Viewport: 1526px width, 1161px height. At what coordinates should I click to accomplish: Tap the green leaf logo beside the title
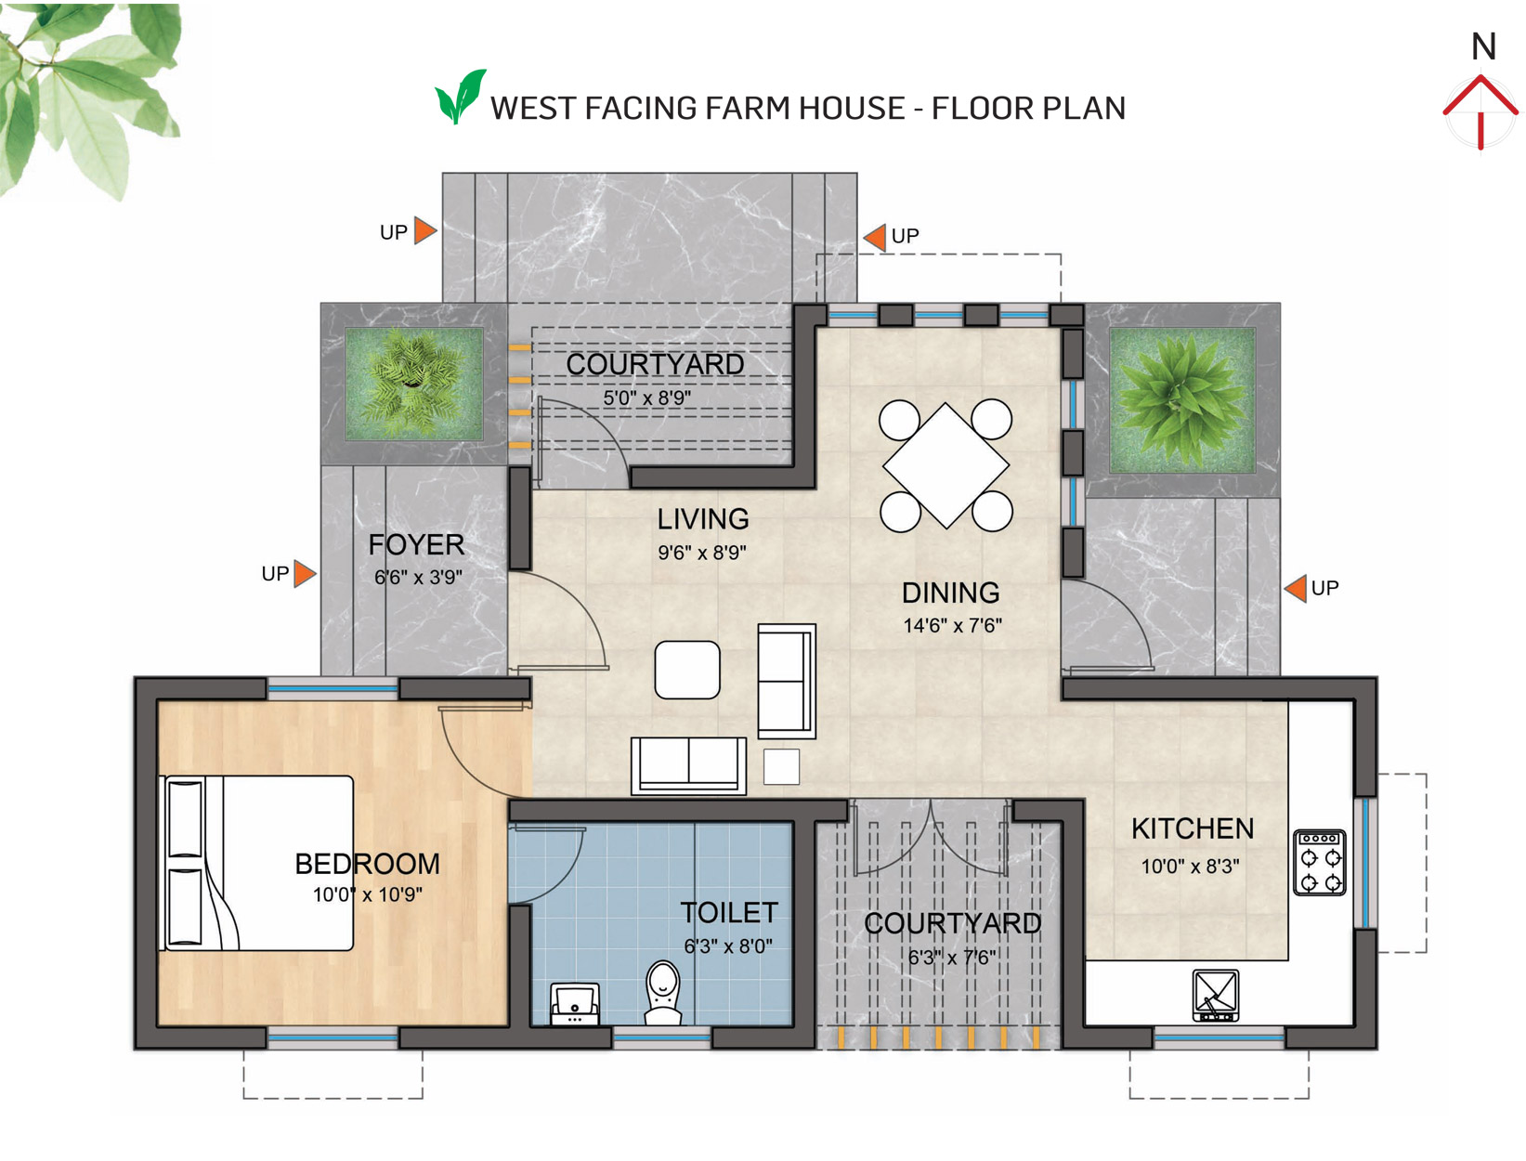(x=460, y=97)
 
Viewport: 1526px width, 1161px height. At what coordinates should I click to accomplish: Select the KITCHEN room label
(x=1192, y=828)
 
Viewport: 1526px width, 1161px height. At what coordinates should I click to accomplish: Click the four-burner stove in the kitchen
(x=1319, y=862)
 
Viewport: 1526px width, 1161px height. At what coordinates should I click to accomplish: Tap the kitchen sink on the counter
(x=1215, y=995)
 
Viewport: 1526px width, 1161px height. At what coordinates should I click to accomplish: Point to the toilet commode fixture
(x=662, y=993)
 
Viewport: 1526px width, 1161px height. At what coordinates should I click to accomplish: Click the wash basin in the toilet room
(x=574, y=1004)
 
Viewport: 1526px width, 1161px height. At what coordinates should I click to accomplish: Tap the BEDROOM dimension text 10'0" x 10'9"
(x=367, y=894)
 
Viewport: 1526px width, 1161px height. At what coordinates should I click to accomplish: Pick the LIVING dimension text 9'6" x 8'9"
(x=701, y=553)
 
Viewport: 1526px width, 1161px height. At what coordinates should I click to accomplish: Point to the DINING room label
(x=950, y=593)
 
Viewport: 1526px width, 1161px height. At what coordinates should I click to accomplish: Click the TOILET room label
(x=728, y=913)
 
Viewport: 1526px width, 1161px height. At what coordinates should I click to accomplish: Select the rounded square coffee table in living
(x=687, y=670)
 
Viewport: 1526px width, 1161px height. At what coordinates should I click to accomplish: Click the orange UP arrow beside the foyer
(x=305, y=574)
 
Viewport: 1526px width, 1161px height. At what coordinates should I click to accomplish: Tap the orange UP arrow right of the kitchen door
(x=1295, y=588)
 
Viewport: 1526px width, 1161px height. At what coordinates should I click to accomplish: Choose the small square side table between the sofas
(x=781, y=766)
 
